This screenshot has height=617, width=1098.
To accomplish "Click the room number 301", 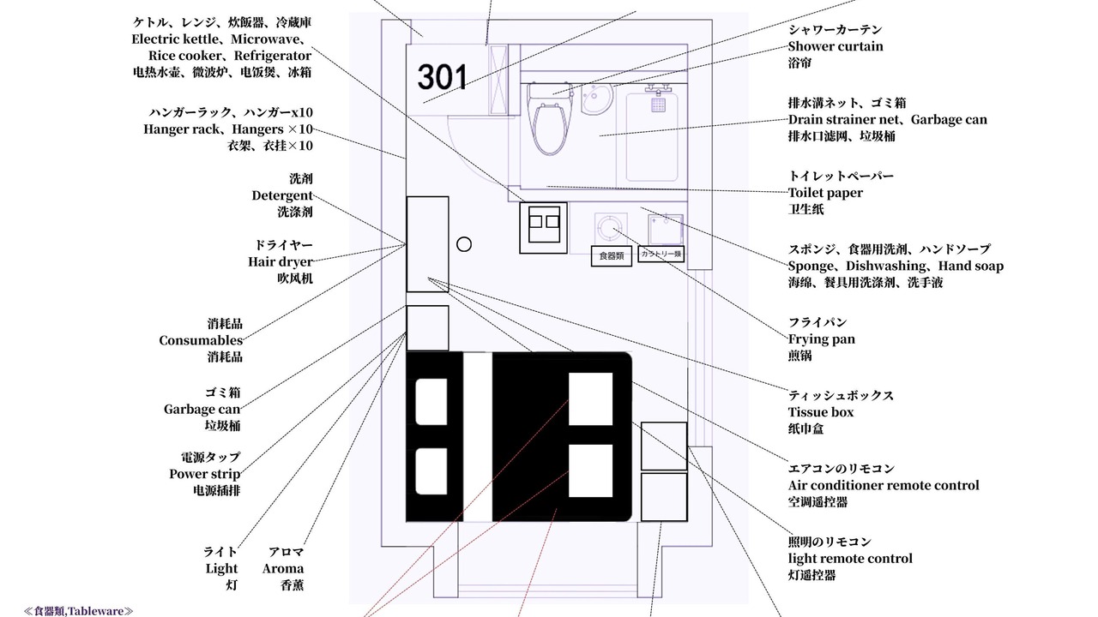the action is (442, 77).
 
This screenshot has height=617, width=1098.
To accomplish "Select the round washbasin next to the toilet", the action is (596, 99).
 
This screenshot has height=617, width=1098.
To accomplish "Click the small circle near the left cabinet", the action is (464, 244).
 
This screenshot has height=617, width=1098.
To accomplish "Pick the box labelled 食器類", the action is (612, 255).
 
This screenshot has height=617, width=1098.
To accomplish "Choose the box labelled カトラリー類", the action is (661, 254).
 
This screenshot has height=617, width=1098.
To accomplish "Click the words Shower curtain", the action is (836, 46).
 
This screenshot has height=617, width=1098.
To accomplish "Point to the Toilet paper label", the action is (825, 193).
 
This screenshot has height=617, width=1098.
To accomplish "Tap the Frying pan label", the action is (822, 339).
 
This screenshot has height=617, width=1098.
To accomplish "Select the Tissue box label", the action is (821, 412).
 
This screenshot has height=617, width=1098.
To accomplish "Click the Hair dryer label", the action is (281, 262).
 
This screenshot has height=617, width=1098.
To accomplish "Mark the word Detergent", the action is (282, 195).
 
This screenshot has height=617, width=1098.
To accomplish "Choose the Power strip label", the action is (205, 474).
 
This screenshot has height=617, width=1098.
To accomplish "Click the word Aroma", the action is (283, 568).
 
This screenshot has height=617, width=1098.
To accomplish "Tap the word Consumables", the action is (201, 340).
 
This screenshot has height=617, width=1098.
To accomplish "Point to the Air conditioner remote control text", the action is (884, 485).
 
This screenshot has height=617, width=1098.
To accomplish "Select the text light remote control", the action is (850, 559).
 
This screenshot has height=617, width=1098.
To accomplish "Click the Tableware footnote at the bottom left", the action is (78, 611).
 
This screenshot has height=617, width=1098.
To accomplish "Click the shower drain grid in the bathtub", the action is (658, 105).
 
